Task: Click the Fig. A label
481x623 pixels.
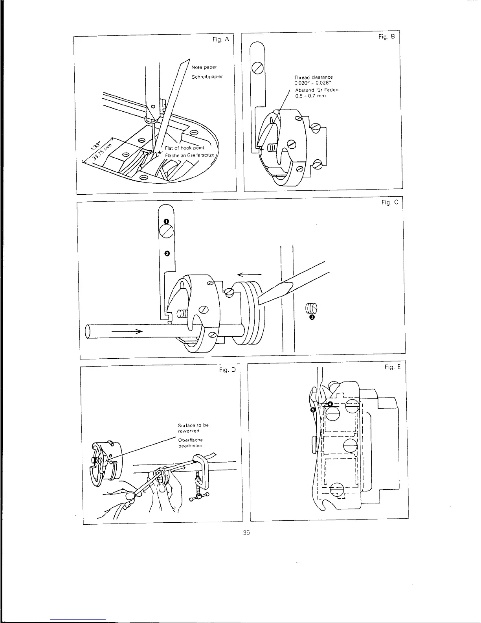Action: pos(220,40)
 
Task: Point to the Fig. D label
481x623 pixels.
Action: pos(227,370)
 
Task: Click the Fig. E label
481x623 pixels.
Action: pos(393,367)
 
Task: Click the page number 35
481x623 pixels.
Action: pos(246,533)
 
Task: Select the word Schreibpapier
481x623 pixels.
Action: pos(207,77)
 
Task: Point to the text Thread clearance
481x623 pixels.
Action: pos(314,77)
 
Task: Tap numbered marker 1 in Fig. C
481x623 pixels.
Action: pos(166,221)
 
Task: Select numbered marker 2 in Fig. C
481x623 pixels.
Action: pos(167,253)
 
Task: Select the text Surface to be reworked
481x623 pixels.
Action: pos(193,428)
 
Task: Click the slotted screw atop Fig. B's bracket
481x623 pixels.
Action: pos(257,68)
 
